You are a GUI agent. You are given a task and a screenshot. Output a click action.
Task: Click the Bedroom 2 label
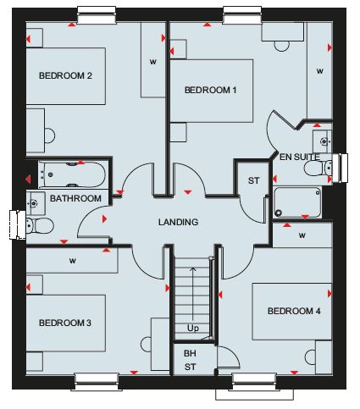click(x=65, y=75)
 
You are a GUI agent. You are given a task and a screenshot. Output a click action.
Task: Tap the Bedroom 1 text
click(x=210, y=90)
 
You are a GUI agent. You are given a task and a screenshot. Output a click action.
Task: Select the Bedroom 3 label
click(x=65, y=323)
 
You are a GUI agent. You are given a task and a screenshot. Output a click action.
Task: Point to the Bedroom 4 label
click(x=294, y=311)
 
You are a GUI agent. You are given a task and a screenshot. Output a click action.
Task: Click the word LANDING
click(x=178, y=222)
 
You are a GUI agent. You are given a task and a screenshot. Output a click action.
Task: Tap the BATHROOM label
click(x=75, y=198)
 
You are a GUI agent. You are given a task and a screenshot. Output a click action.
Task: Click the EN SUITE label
click(x=300, y=157)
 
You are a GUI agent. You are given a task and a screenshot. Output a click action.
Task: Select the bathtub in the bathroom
click(x=72, y=174)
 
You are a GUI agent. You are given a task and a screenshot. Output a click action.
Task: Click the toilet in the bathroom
click(x=39, y=226)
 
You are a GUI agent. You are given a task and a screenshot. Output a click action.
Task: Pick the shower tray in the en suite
click(x=297, y=202)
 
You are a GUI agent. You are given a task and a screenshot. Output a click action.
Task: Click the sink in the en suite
click(x=323, y=141)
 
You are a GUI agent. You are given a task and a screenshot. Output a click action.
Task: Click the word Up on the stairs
click(x=193, y=329)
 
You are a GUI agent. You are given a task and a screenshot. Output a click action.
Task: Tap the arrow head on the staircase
click(x=193, y=268)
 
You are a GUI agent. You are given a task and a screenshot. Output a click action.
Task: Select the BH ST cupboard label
click(x=190, y=360)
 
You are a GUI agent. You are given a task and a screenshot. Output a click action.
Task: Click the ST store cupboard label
click(x=253, y=180)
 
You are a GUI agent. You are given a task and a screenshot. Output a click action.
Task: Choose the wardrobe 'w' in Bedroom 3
click(x=73, y=261)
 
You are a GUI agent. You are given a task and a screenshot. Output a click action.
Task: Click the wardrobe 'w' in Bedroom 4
click(x=302, y=235)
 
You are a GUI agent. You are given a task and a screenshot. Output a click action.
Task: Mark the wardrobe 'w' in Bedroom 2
click(x=153, y=62)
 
